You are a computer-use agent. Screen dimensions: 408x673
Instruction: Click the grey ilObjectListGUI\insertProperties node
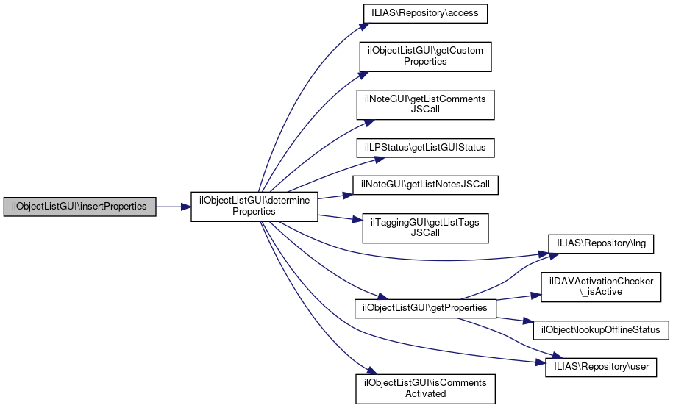pyautogui.click(x=80, y=207)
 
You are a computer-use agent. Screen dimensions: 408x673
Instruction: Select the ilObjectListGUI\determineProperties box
pyautogui.click(x=254, y=206)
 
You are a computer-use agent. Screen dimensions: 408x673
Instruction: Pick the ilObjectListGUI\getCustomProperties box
pyautogui.click(x=425, y=56)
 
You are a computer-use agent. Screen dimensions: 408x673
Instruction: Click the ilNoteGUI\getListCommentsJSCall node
pyautogui.click(x=425, y=105)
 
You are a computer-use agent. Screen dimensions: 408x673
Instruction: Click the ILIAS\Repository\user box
pyautogui.click(x=601, y=366)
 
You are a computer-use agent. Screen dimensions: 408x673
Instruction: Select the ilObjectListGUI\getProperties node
pyautogui.click(x=425, y=308)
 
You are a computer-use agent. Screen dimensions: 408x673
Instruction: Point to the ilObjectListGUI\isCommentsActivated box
pyautogui.click(x=425, y=388)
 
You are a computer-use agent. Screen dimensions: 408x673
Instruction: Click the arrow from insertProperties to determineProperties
pyautogui.click(x=173, y=207)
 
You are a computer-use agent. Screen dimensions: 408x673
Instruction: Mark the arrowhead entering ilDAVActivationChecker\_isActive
pyautogui.click(x=536, y=296)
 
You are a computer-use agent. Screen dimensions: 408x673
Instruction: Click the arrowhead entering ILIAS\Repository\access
pyautogui.click(x=363, y=26)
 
